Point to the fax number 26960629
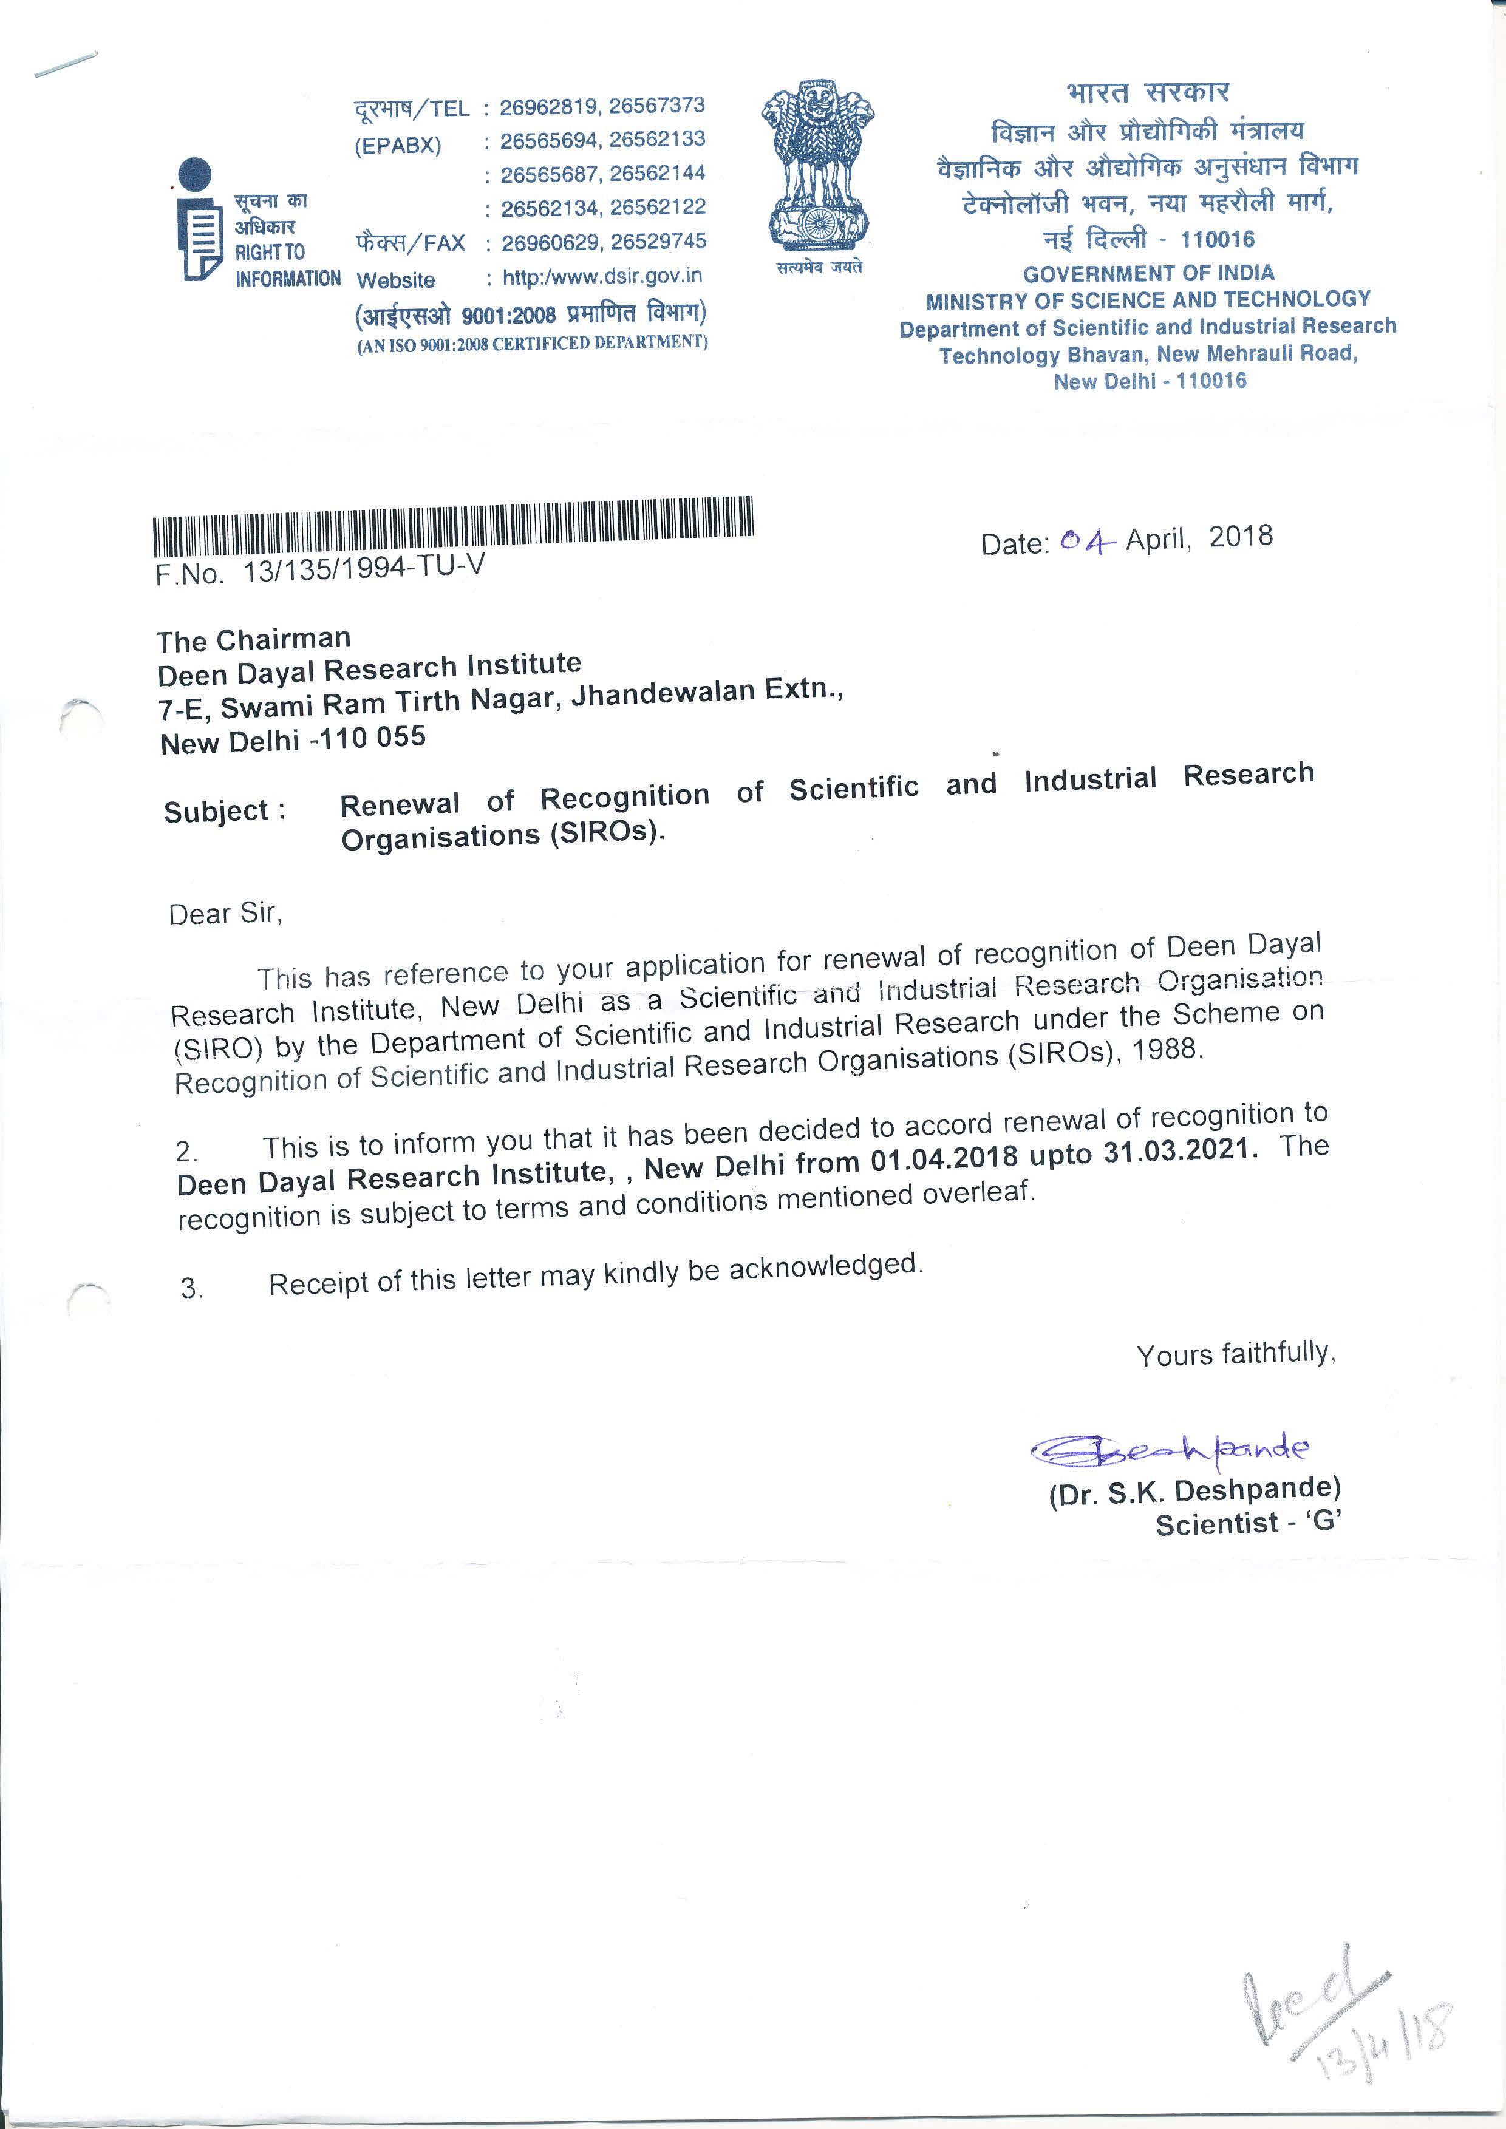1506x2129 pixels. (x=553, y=243)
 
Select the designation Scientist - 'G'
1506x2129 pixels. (x=1247, y=1524)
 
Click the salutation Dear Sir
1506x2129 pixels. (x=225, y=914)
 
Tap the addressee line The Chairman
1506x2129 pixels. (x=253, y=640)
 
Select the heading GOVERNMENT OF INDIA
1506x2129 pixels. (x=1148, y=274)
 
